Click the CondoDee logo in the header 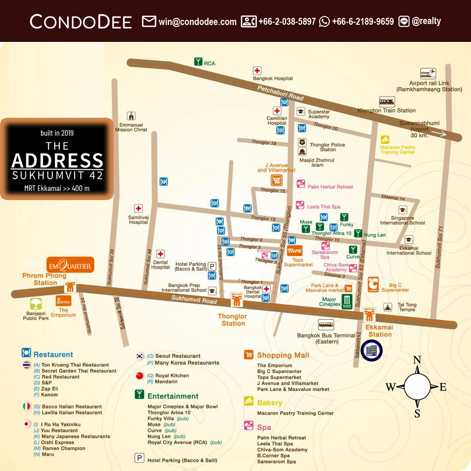click(x=80, y=21)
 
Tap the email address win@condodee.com click(x=197, y=21)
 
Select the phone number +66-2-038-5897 click(x=287, y=21)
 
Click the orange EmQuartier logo click(x=71, y=265)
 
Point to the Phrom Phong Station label click(x=45, y=279)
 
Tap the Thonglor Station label click(x=233, y=320)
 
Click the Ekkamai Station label click(x=380, y=331)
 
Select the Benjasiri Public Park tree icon click(x=36, y=304)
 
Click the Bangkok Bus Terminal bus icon click(x=326, y=324)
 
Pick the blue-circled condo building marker click(x=372, y=350)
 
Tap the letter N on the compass click(x=417, y=360)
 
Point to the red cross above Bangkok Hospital click(x=257, y=71)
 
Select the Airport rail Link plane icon click(x=428, y=74)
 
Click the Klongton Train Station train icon click(x=387, y=102)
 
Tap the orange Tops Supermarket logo click(x=295, y=251)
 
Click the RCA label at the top click(x=209, y=63)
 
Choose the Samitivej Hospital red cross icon click(x=138, y=208)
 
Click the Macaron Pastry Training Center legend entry click(x=296, y=413)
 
